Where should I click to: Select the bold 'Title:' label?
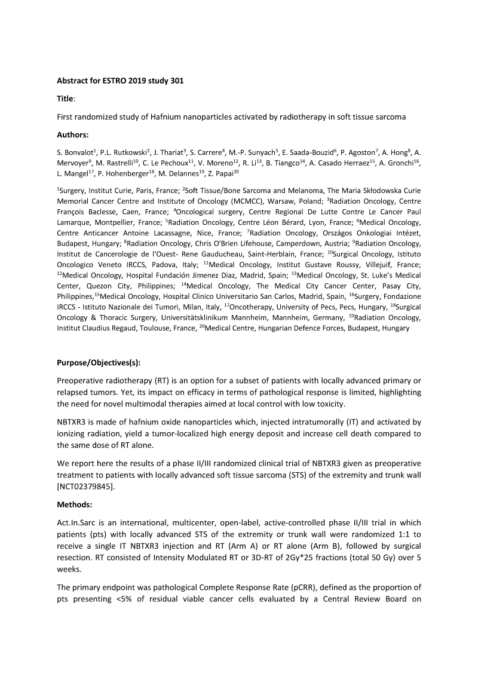66,98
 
